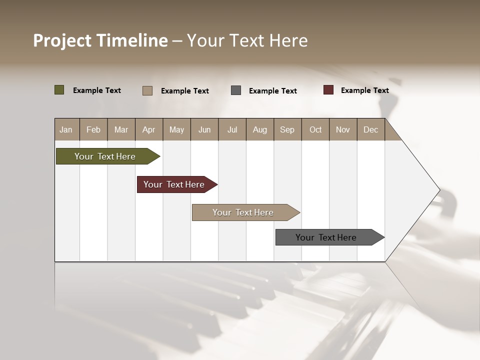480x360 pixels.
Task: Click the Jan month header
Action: (66, 129)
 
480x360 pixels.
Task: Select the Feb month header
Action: (93, 129)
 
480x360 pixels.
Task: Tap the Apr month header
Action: (148, 129)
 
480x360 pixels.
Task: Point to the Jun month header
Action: (204, 129)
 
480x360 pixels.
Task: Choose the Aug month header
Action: (259, 129)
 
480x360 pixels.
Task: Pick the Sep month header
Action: (287, 129)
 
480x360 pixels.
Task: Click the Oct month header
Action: (315, 129)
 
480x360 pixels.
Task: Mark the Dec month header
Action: (370, 129)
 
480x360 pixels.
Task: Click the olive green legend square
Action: (59, 90)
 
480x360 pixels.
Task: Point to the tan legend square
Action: (147, 90)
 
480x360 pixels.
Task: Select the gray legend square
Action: (236, 90)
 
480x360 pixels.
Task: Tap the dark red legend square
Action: (328, 90)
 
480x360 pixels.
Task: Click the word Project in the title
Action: (62, 40)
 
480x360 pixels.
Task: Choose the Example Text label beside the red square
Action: (364, 90)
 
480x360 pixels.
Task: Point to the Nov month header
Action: (343, 129)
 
